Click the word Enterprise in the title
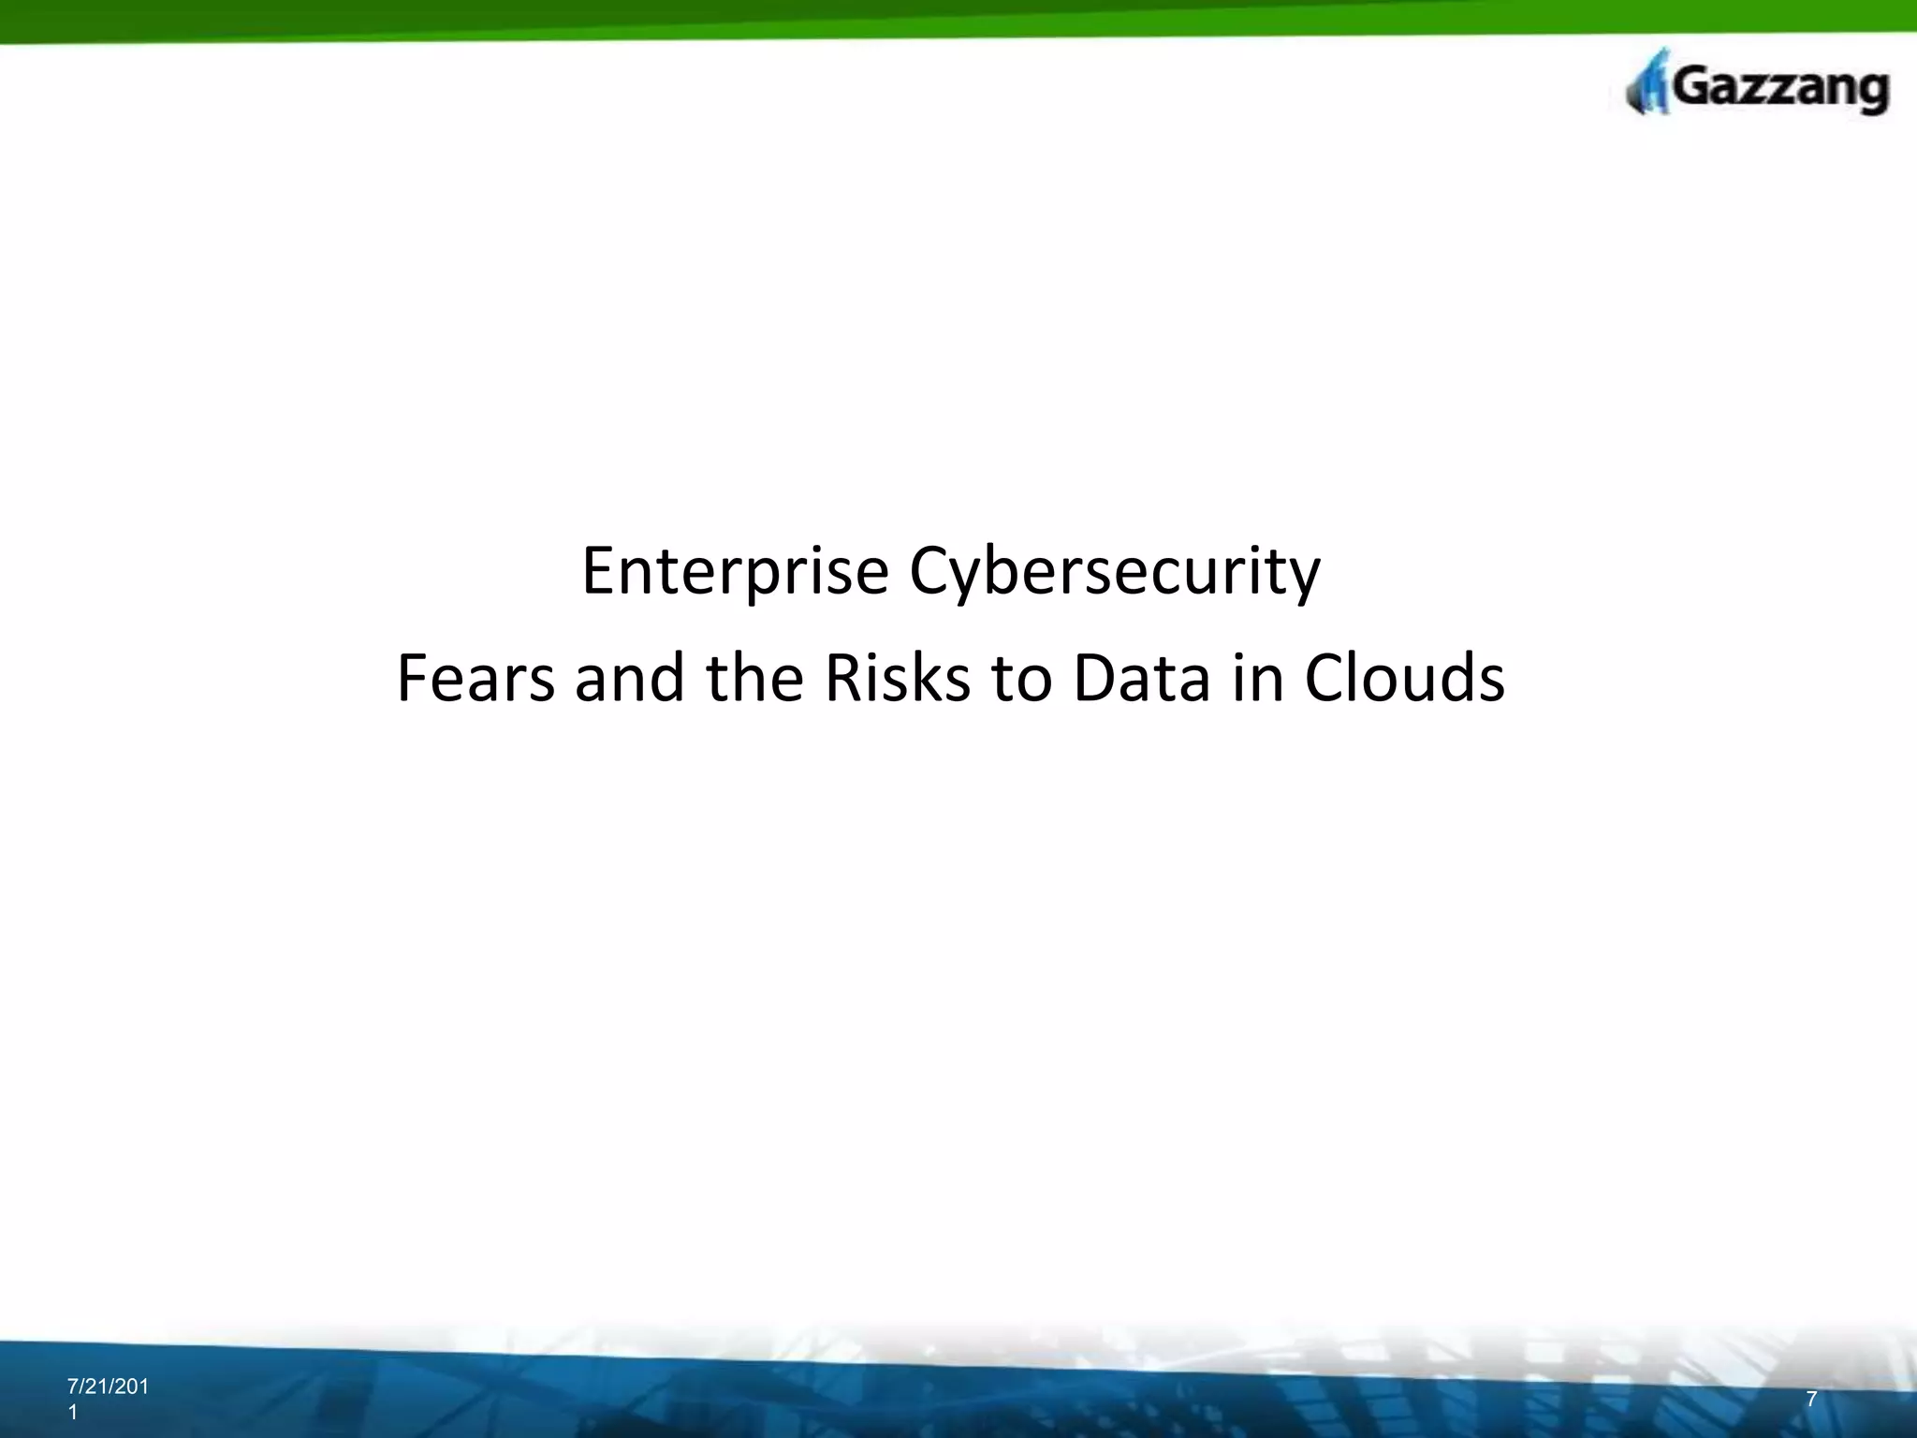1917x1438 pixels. pos(735,571)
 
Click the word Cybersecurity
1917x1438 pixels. pos(1115,571)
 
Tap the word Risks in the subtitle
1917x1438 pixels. pos(898,678)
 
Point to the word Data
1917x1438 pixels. pos(1142,678)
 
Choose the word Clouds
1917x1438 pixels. pos(1404,678)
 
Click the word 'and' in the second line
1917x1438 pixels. pos(630,678)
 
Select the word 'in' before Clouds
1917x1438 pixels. pos(1258,678)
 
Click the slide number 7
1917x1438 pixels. pos(1811,1400)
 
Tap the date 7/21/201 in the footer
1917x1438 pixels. pos(108,1387)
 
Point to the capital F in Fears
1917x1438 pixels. pos(411,678)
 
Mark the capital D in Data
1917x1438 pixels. pos(1091,678)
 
